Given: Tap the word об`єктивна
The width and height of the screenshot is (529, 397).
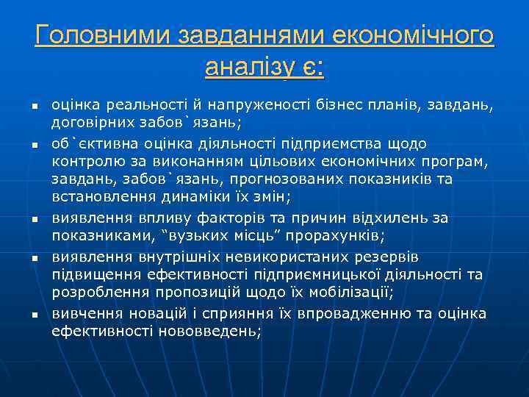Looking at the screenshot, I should (92, 143).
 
